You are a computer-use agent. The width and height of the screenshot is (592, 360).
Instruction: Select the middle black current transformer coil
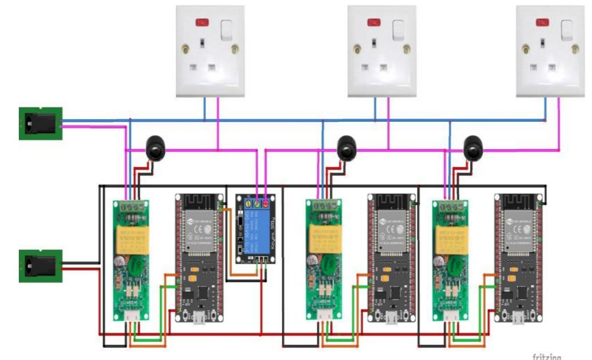[347, 148]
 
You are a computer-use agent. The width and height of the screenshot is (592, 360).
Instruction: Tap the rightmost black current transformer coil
[473, 148]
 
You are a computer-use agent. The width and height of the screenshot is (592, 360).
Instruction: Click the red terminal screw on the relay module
[266, 202]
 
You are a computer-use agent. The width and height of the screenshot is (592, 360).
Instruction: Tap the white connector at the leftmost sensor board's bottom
[130, 316]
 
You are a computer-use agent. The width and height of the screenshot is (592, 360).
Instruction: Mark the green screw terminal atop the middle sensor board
[324, 206]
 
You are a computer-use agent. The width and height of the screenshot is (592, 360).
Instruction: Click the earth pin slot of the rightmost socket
[542, 43]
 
